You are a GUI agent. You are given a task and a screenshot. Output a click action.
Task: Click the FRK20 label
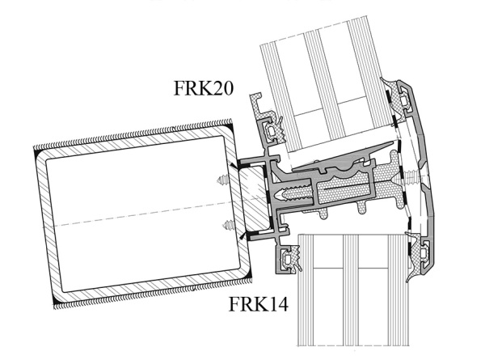click(204, 88)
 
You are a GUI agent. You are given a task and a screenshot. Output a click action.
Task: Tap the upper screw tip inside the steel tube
click(224, 180)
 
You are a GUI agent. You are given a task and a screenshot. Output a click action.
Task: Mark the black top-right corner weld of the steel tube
click(230, 127)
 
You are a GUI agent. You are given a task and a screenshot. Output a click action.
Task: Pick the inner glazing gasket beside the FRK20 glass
click(274, 128)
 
